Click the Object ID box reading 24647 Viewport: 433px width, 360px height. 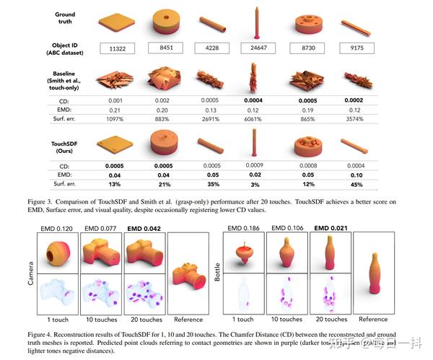pyautogui.click(x=257, y=48)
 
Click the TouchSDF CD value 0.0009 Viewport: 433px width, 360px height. pyautogui.click(x=257, y=165)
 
